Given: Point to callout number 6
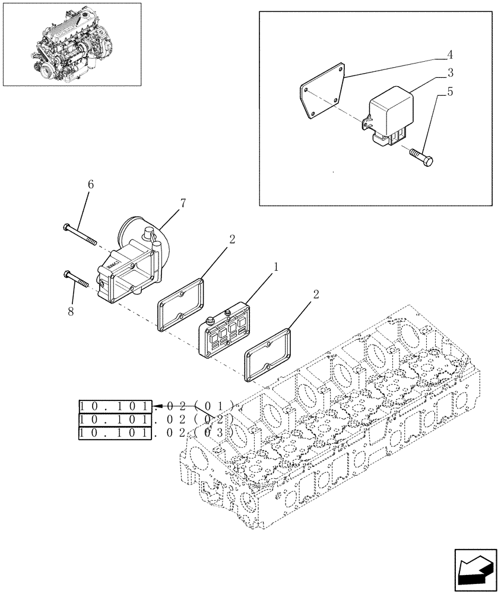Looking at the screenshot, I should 91,185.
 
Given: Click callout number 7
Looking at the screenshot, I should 182,204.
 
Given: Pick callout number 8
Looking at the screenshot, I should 71,310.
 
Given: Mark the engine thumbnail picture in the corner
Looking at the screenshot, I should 72,43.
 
